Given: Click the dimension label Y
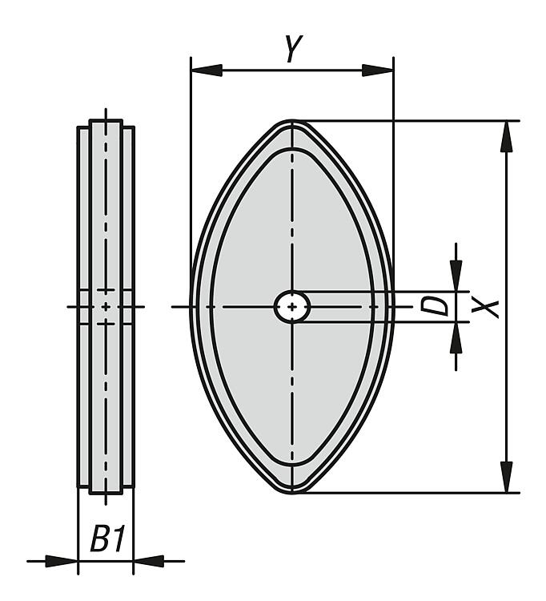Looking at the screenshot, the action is tap(294, 48).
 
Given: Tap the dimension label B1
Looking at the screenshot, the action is tap(107, 538).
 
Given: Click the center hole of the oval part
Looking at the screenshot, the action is tap(292, 307).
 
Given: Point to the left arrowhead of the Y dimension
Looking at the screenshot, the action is tap(207, 71).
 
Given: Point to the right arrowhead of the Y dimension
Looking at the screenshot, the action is tap(378, 71).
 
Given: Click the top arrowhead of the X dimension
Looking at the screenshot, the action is tap(507, 136).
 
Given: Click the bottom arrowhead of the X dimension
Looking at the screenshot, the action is tap(507, 477).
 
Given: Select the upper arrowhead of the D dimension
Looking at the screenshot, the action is tap(456, 276).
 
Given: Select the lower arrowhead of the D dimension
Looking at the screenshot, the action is tap(456, 337).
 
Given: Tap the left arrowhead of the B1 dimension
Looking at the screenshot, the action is tap(62, 561).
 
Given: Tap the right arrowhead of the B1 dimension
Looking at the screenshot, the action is tap(149, 561).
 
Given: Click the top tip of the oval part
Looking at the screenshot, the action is tap(292, 121).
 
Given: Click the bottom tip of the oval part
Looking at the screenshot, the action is tap(292, 493).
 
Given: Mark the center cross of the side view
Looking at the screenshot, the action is tap(106, 307).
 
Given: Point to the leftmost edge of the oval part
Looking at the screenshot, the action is tap(191, 307).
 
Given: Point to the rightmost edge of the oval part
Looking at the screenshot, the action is tap(393, 307).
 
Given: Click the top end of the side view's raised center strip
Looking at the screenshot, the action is tap(106, 121).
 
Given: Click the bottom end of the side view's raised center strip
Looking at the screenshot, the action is tap(106, 494).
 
